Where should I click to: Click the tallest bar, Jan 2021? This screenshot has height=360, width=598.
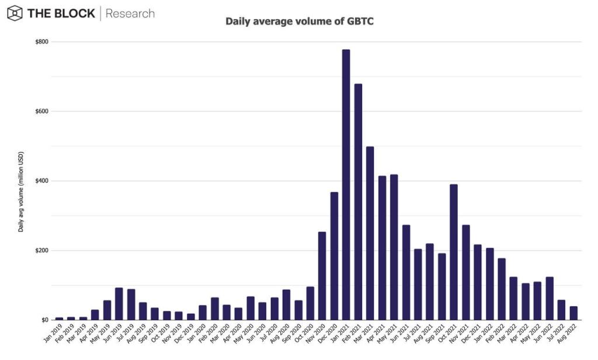346,185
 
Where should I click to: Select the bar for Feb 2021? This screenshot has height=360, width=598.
358,202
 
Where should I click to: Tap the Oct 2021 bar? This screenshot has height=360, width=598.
454,252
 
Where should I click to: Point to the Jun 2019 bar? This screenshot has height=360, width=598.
119,304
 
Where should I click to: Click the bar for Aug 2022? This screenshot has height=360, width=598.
573,313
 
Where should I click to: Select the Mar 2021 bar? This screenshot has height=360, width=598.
370,233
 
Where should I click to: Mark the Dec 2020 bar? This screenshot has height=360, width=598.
334,256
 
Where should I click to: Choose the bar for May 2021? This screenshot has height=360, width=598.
394,247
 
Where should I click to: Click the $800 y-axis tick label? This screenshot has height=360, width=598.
41,41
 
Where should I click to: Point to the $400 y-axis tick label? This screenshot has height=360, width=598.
41,181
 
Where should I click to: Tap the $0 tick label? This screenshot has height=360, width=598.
44,320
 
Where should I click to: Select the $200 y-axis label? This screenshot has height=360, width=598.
41,251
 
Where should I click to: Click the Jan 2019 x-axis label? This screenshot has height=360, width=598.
53,333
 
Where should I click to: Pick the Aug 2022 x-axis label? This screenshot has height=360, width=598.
568,333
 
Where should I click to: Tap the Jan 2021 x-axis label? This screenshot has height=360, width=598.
340,333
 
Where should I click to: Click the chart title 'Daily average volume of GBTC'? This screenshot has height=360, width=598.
300,22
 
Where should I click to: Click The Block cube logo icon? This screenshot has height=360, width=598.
15,13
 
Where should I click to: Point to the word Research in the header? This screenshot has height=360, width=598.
130,13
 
